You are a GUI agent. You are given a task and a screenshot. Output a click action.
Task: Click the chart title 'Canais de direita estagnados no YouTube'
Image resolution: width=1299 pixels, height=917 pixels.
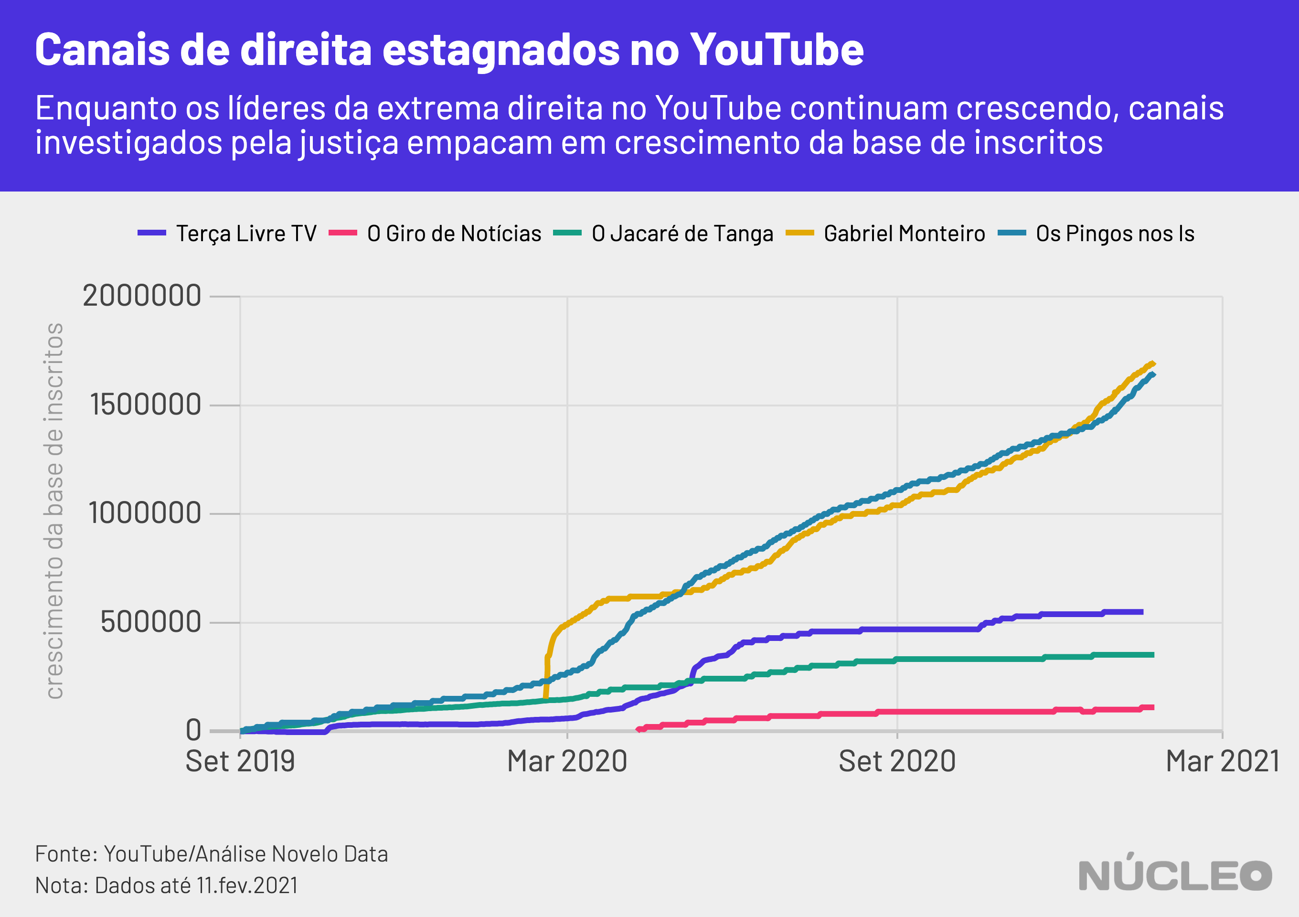pos(449,50)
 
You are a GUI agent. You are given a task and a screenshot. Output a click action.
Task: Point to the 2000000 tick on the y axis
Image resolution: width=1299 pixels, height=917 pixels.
pos(142,296)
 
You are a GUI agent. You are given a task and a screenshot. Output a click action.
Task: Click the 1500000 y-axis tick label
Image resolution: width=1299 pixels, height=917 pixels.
pos(145,405)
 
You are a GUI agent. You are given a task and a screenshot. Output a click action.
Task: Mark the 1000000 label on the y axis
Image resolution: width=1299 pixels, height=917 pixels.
pos(145,513)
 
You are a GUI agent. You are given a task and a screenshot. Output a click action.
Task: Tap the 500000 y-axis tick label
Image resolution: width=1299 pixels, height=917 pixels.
pos(150,622)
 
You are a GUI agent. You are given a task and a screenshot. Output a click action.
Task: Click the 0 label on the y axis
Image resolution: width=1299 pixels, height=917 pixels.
pos(193,730)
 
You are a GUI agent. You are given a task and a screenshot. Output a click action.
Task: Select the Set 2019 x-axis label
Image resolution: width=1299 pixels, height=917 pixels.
pos(240,761)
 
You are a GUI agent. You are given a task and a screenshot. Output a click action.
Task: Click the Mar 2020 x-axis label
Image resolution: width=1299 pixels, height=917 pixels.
pos(567,761)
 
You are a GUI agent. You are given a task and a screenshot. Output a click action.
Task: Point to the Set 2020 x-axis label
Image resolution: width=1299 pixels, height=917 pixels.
pos(897,761)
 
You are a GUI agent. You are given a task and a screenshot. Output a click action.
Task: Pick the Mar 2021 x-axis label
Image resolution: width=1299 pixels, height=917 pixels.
pos(1223,761)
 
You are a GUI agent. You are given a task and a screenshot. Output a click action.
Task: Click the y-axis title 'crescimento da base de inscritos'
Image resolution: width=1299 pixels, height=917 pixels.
pos(54,511)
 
